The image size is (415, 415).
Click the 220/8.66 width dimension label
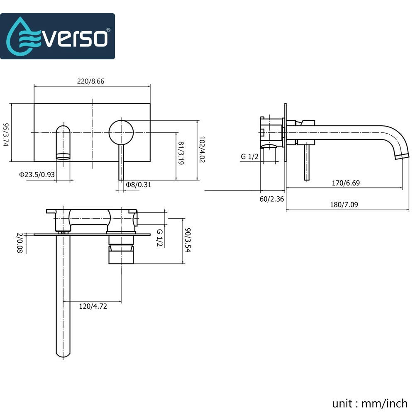(90, 81)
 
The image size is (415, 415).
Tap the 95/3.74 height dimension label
(6, 135)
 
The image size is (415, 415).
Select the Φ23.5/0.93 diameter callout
(37, 175)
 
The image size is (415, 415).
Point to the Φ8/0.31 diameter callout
(139, 185)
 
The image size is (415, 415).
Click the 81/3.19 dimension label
(181, 153)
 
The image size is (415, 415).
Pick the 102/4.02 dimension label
(202, 149)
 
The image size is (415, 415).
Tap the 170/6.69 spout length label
(346, 183)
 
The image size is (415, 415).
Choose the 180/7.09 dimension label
(344, 205)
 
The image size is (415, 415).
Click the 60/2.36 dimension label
(271, 199)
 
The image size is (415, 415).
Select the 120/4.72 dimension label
(93, 306)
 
